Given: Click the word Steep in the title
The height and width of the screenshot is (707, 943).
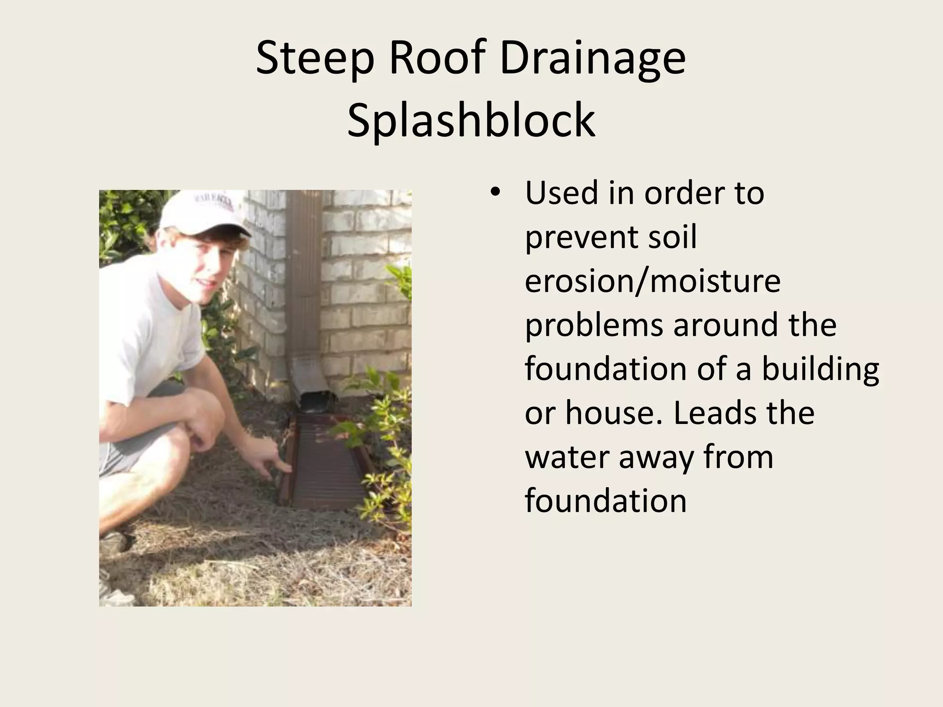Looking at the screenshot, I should click(314, 58).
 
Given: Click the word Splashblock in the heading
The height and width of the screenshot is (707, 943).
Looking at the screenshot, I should click(471, 121).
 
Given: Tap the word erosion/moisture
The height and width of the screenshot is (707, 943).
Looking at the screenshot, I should click(652, 281).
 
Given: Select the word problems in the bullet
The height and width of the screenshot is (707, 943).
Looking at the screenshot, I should click(594, 325).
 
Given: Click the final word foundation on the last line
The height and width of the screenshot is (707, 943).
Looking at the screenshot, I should click(605, 500).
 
